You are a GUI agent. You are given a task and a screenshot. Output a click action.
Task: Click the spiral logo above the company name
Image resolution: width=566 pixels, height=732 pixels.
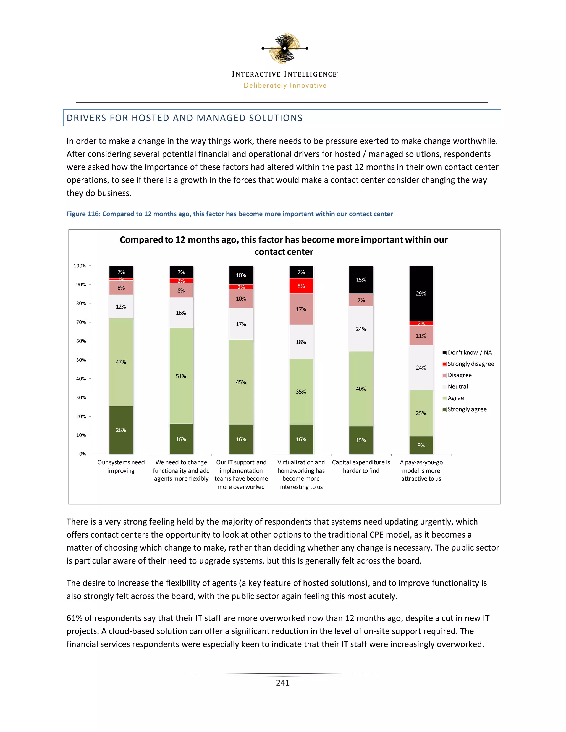pyautogui.click(x=285, y=48)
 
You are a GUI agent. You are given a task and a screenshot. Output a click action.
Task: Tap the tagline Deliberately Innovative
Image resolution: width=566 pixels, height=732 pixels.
pyautogui.click(x=285, y=85)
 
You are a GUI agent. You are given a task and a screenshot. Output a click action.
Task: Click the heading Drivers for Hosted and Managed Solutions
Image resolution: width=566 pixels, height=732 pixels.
pyautogui.click(x=184, y=118)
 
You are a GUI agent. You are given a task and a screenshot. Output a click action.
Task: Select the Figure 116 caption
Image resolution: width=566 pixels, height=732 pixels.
pyautogui.click(x=230, y=214)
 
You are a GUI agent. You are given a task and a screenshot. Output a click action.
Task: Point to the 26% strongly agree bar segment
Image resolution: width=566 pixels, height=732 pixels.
pyautogui.click(x=121, y=430)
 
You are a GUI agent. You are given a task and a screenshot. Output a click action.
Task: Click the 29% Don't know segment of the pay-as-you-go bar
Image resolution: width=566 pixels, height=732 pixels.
pyautogui.click(x=421, y=294)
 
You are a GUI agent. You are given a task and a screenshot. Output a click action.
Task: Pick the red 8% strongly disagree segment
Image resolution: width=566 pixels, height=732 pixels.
pyautogui.click(x=301, y=286)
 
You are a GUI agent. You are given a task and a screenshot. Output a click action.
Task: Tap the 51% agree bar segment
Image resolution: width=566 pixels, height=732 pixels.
pyautogui.click(x=181, y=376)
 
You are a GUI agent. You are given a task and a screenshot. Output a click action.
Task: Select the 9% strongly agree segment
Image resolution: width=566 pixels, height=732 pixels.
pyautogui.click(x=421, y=445)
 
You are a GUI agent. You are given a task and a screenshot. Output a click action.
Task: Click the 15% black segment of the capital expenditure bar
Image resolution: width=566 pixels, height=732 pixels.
pyautogui.click(x=361, y=280)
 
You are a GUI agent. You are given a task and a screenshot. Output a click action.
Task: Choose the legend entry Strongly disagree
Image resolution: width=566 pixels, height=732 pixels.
pyautogui.click(x=470, y=364)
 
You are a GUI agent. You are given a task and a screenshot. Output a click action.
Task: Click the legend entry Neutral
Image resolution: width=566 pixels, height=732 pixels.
pyautogui.click(x=458, y=386)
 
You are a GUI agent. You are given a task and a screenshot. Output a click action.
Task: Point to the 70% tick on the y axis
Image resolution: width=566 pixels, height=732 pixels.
pyautogui.click(x=81, y=322)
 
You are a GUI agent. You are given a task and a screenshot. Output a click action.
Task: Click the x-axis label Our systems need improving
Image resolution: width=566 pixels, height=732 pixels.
pyautogui.click(x=121, y=466)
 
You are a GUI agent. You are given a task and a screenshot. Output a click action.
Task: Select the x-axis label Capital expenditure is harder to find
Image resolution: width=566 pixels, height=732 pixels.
pyautogui.click(x=361, y=466)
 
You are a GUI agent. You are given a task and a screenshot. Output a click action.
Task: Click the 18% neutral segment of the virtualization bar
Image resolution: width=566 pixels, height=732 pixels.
pyautogui.click(x=301, y=342)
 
